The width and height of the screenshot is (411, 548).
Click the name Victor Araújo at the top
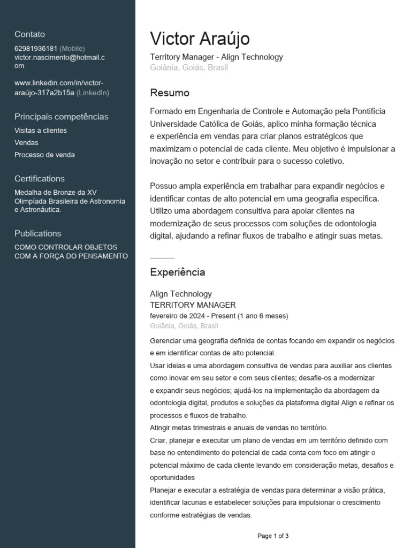click(x=200, y=39)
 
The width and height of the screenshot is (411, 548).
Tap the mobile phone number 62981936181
click(x=36, y=49)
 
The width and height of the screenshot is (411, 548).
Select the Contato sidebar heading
click(x=29, y=34)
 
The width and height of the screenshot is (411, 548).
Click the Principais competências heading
click(x=61, y=117)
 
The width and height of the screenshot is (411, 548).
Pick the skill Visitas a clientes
click(x=41, y=131)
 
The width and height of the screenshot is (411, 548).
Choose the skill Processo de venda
click(x=44, y=155)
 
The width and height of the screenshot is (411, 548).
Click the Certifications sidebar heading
click(x=40, y=179)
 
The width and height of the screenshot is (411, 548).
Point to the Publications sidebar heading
click(x=38, y=233)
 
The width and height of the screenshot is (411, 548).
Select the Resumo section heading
click(x=170, y=93)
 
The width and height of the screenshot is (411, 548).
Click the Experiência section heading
click(x=177, y=272)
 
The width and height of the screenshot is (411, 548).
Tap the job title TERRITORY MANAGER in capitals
click(x=193, y=305)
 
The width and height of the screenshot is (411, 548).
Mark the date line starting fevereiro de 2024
click(x=219, y=316)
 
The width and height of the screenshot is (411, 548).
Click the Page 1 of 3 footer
click(x=273, y=536)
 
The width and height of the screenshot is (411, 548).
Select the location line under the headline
click(x=189, y=68)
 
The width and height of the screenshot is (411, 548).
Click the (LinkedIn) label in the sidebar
click(x=93, y=93)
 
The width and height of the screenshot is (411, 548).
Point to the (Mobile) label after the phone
click(x=72, y=49)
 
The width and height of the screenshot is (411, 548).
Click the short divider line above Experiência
click(x=162, y=258)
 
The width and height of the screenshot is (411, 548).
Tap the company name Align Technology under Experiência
click(x=181, y=294)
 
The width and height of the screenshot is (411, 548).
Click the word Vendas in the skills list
click(x=26, y=143)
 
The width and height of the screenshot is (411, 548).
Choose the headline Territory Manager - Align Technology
click(x=216, y=57)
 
